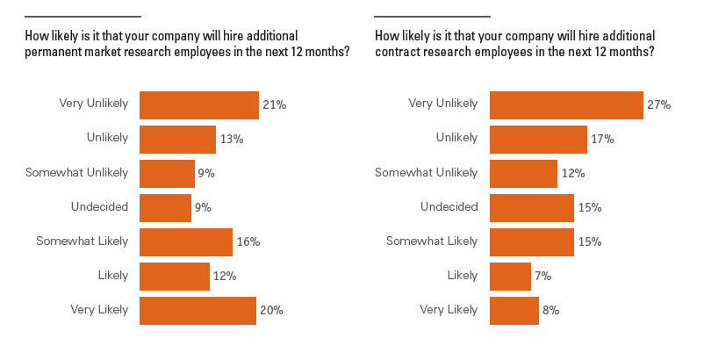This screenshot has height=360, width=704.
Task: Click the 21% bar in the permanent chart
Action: coord(199,105)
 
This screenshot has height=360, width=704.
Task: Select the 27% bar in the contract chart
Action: coord(566,105)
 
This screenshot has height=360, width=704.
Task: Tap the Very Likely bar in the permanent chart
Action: coord(198,311)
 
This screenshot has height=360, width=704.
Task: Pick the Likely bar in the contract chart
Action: coord(510,277)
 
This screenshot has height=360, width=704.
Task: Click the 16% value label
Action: coord(248,242)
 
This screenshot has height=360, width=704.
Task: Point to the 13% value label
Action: coord(232,140)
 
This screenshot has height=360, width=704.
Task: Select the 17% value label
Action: coord(603,140)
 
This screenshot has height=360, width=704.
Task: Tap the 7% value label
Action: coord(542,277)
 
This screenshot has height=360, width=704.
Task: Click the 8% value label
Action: coord(550,311)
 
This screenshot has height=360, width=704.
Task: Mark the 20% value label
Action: coord(271,311)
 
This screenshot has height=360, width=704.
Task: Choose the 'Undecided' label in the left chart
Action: coord(99,207)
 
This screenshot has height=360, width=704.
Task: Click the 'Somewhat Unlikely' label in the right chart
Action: coord(426,173)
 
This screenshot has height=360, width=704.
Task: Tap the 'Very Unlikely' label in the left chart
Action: coord(93,104)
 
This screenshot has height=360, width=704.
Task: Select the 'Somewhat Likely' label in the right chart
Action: coord(432,241)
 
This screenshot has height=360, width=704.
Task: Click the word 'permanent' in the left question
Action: coord(53,52)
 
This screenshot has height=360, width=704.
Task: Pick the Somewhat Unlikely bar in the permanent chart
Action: coord(167,174)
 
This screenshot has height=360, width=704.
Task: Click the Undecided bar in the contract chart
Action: coord(531,208)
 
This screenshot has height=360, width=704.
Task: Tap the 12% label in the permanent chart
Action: coord(224,277)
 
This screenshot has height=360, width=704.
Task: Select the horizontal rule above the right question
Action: coord(432,17)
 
